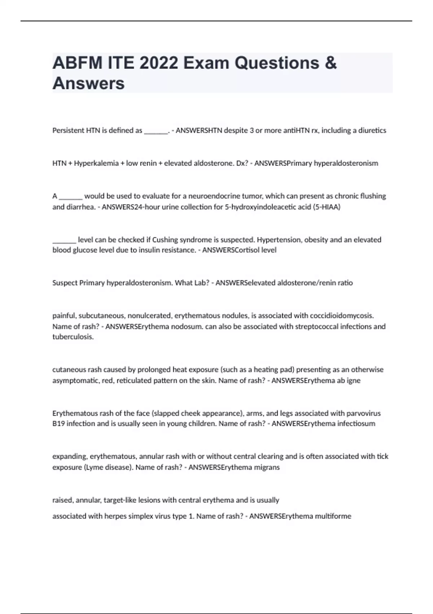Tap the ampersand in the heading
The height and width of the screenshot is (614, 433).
(x=331, y=63)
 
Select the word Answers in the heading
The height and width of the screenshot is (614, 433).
(x=88, y=83)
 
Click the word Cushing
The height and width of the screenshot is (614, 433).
(x=165, y=240)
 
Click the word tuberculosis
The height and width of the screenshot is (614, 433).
(x=73, y=337)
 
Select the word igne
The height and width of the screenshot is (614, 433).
(x=354, y=380)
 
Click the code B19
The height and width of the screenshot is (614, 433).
(x=58, y=424)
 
